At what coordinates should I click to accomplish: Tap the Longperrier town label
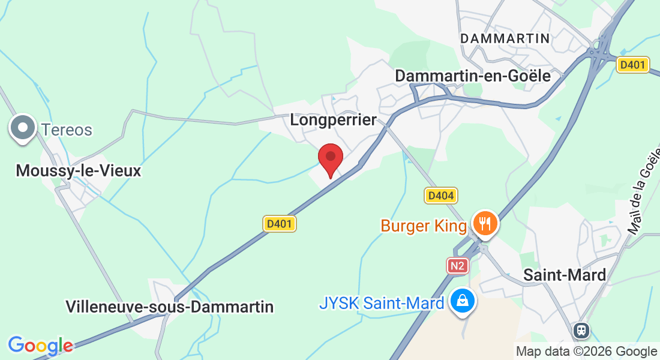tap(333, 119)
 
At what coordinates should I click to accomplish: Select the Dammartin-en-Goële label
tap(473, 76)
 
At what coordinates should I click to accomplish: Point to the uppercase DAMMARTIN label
tap(505, 38)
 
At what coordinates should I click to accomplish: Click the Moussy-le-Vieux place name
tap(78, 171)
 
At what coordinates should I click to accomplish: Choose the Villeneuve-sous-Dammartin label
tap(170, 307)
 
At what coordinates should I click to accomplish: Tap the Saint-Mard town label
tap(565, 275)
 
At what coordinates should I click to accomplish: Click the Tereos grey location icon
tap(23, 129)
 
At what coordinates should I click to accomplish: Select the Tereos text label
tap(67, 130)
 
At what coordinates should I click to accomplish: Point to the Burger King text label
tap(424, 226)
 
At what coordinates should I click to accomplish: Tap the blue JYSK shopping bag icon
tap(463, 301)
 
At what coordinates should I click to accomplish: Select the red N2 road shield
tap(457, 266)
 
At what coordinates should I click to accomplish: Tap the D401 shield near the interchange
tap(633, 65)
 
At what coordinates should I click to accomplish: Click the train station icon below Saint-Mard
tap(581, 330)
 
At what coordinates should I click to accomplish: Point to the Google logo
tap(40, 346)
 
